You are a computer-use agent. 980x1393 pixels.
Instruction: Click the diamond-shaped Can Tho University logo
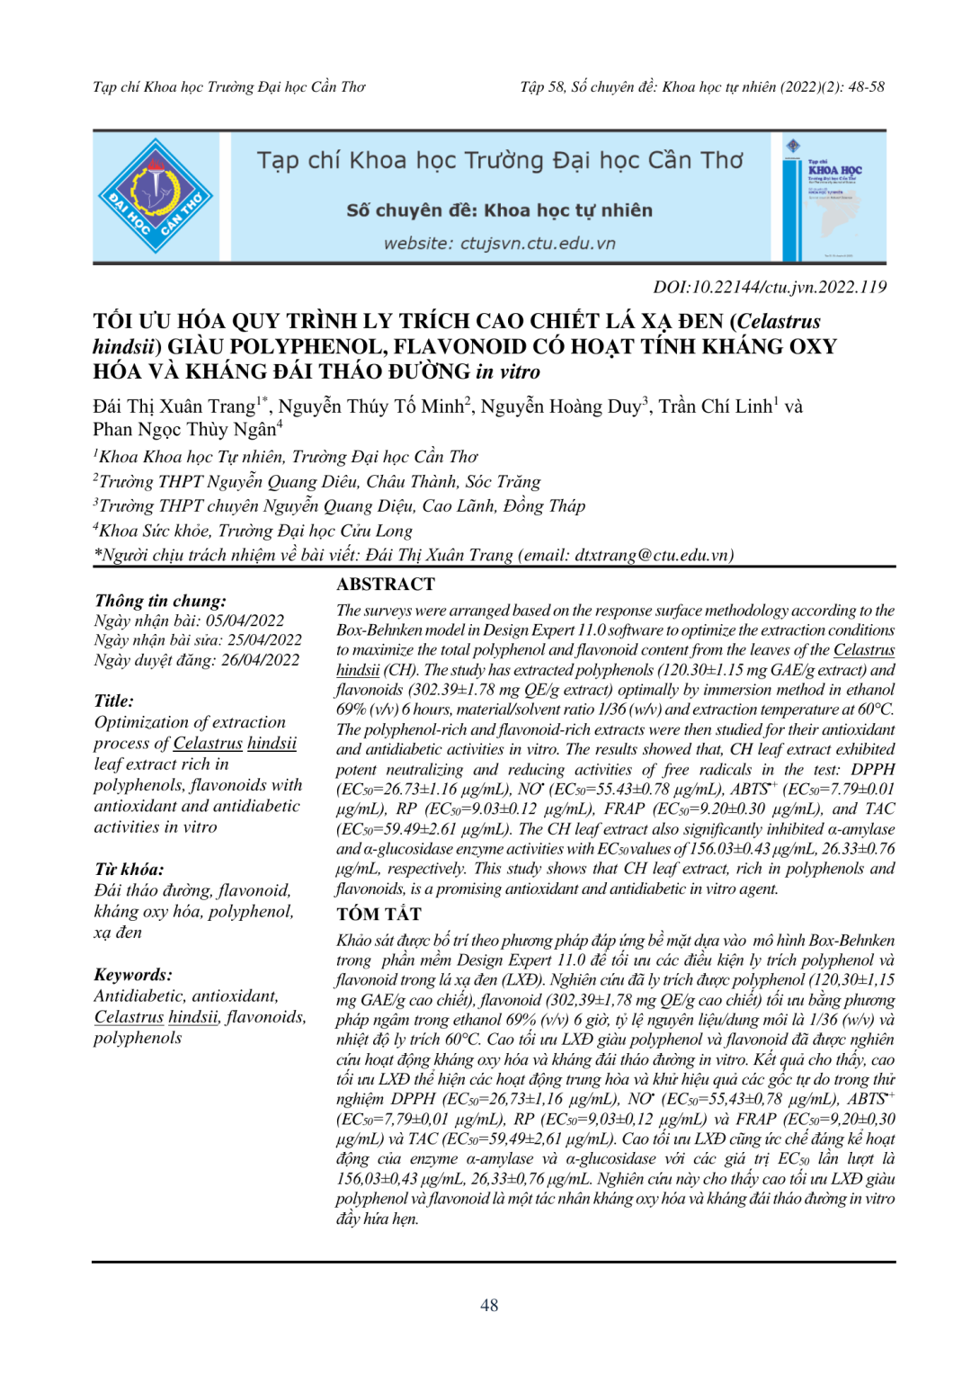coord(156,196)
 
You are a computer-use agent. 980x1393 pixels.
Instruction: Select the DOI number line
coord(770,287)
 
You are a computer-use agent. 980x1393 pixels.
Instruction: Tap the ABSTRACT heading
coord(386,585)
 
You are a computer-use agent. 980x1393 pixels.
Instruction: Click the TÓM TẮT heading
coord(379,915)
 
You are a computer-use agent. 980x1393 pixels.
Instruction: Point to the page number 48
coord(489,1305)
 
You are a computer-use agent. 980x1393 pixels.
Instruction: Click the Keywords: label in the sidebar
coord(133,975)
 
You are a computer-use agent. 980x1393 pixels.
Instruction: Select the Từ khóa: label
coord(129,870)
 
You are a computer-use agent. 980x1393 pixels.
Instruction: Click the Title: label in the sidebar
coord(114,701)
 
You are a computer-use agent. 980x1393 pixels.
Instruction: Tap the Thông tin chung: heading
coord(160,601)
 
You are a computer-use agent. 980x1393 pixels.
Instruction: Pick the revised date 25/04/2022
coord(264,640)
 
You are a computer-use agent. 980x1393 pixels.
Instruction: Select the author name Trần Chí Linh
coord(715,406)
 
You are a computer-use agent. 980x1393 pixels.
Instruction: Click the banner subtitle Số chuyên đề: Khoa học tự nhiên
coord(499,210)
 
